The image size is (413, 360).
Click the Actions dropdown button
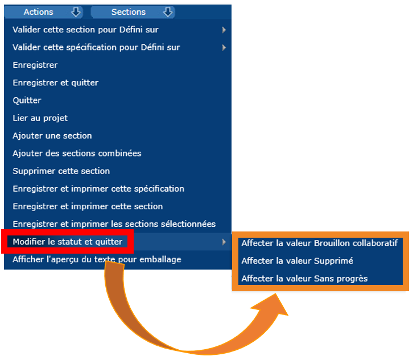click(43, 12)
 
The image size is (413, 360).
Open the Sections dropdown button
click(133, 12)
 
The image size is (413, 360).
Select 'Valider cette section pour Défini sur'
click(85, 30)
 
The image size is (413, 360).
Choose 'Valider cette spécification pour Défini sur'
click(96, 47)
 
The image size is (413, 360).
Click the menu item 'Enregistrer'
click(35, 65)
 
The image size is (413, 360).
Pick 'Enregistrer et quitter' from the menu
click(56, 82)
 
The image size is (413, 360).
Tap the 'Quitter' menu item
click(27, 100)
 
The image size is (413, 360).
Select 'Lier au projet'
click(40, 118)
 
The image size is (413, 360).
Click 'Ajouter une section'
click(52, 135)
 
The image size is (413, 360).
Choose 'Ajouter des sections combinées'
click(77, 153)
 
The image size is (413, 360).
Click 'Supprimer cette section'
click(61, 171)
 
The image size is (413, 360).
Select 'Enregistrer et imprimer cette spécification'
click(98, 189)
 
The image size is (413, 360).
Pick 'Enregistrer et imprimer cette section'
click(88, 206)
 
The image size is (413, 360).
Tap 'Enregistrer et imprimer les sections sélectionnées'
click(114, 224)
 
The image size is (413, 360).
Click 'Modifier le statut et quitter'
click(68, 242)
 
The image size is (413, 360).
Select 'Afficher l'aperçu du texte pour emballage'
click(97, 259)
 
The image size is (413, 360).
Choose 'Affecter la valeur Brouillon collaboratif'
click(320, 243)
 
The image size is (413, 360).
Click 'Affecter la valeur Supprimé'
click(297, 260)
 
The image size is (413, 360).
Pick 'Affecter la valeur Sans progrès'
click(304, 278)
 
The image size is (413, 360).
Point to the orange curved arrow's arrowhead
click(274, 305)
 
